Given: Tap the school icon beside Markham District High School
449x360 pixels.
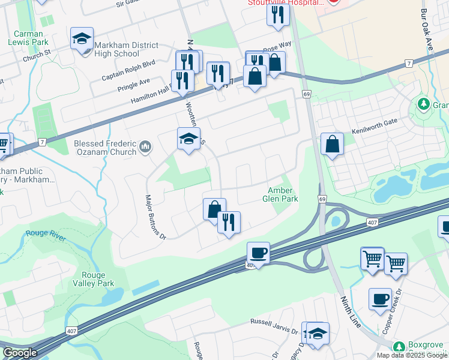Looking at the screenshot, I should point(81,39).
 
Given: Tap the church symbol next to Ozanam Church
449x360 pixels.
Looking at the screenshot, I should point(145,146).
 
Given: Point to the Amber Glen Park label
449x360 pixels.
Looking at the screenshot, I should point(280,194).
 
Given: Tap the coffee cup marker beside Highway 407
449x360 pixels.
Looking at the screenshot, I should point(258,253).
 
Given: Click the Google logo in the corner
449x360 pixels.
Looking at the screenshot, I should point(20,353).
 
